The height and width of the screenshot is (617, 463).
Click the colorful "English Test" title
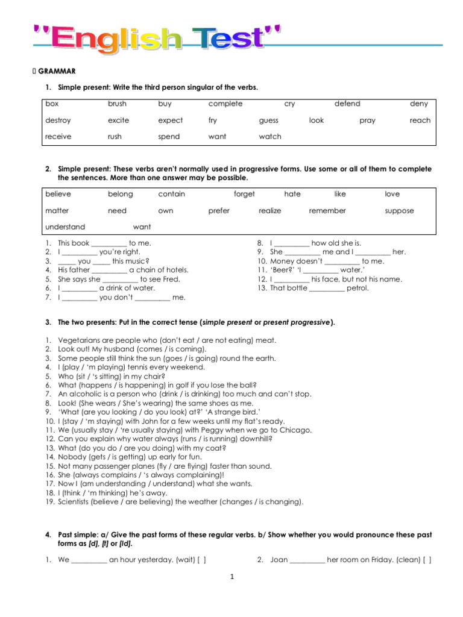pyautogui.click(x=156, y=39)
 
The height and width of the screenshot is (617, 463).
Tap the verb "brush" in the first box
pyautogui.click(x=117, y=104)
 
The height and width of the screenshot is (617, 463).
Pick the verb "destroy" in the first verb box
pyautogui.click(x=58, y=121)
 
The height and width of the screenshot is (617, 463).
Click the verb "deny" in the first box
pyautogui.click(x=418, y=104)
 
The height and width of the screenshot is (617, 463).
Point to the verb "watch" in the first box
pyautogui.click(x=270, y=137)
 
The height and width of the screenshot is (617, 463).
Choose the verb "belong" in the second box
pyautogui.click(x=120, y=194)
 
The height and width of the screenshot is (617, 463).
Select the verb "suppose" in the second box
pyautogui.click(x=399, y=211)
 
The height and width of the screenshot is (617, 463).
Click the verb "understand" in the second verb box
pyautogui.click(x=65, y=227)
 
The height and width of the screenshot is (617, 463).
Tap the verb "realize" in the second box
pyautogui.click(x=270, y=211)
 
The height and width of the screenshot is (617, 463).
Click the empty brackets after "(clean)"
pyautogui.click(x=427, y=560)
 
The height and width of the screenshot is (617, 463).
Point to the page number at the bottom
pyautogui.click(x=231, y=577)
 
